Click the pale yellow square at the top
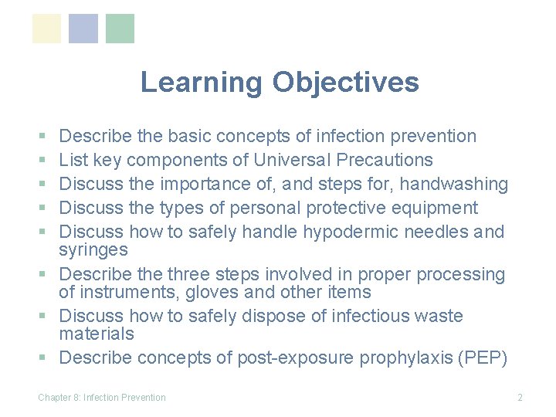[46, 29]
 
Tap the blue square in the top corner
[83, 29]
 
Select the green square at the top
[120, 29]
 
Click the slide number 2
[520, 397]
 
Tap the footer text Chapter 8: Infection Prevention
[102, 397]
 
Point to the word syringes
[93, 250]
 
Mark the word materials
[97, 334]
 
